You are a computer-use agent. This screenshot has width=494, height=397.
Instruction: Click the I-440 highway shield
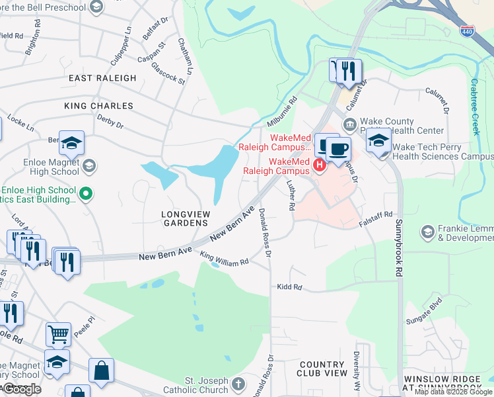click(x=468, y=30)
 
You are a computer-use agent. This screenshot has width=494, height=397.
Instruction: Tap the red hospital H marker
click(x=320, y=165)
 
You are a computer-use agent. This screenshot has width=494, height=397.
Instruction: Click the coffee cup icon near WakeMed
click(x=338, y=148)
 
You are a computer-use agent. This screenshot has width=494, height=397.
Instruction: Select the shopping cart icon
click(x=58, y=334)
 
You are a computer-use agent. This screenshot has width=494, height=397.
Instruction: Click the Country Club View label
click(x=323, y=369)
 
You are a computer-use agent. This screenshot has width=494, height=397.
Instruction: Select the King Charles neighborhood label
click(x=98, y=106)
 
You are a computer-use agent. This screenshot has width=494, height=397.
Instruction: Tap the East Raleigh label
click(x=103, y=78)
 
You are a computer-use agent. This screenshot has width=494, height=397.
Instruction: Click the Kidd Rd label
click(x=289, y=288)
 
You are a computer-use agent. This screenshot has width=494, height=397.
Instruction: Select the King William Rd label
click(x=224, y=259)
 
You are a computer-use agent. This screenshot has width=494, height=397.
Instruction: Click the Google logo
click(x=22, y=389)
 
